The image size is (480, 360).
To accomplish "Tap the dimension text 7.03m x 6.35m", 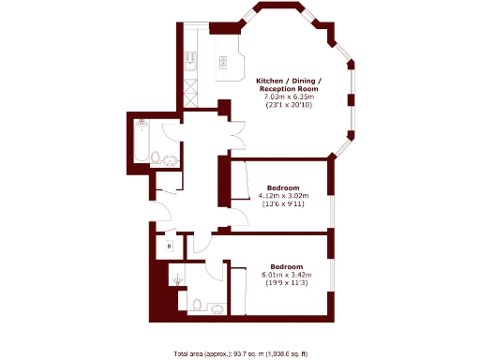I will click(289, 96).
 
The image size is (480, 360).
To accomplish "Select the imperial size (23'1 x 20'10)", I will click(289, 104).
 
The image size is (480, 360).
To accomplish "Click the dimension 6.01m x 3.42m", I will click(285, 274).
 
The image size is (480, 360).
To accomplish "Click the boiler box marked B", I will click(169, 246).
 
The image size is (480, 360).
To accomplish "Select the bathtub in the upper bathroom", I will click(142, 139).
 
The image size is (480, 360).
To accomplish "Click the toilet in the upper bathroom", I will click(157, 158).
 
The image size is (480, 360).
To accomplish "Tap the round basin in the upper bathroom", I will click(171, 159).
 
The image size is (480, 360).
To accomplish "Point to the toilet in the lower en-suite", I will click(197, 304).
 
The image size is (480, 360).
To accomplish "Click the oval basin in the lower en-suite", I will click(216, 307).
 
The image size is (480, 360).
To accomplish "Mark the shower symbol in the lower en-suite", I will click(177, 278).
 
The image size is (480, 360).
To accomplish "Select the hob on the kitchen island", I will click(224, 62).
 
